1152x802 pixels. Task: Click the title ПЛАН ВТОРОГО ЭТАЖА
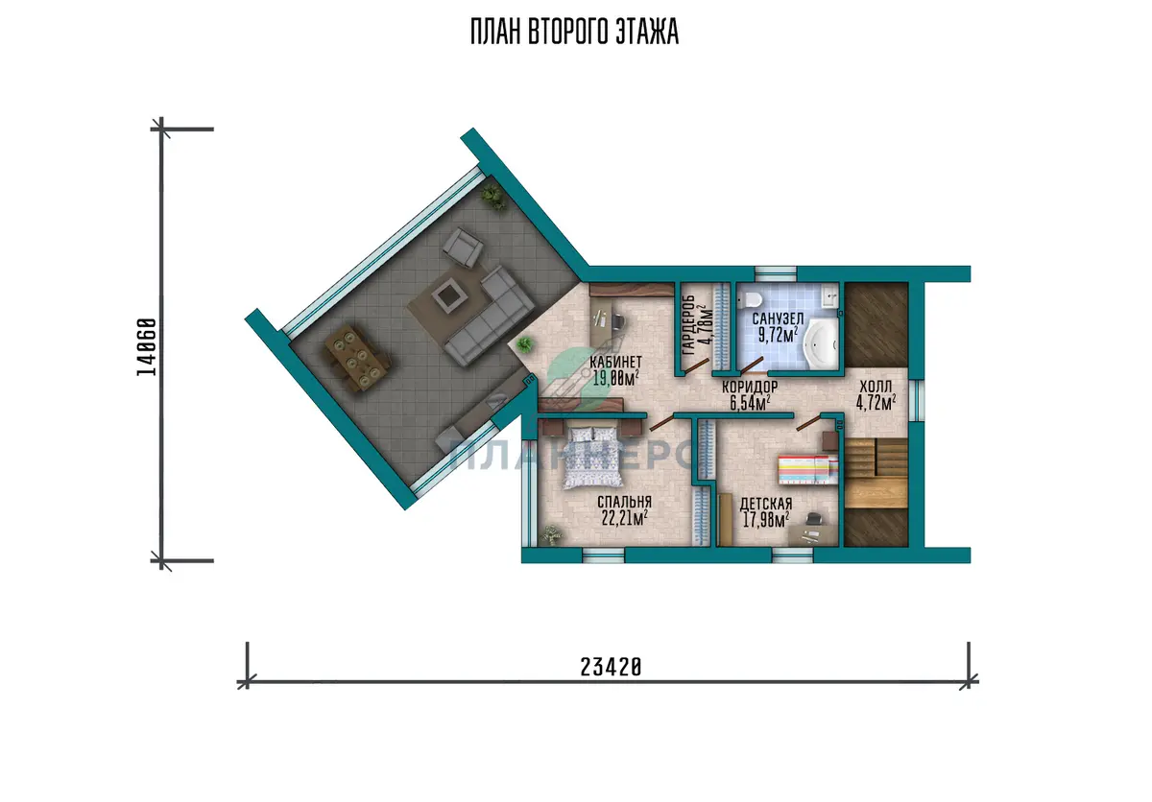(x=574, y=32)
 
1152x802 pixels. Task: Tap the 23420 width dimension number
(x=611, y=668)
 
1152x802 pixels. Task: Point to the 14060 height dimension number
(x=147, y=347)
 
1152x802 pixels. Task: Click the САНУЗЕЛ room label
(x=778, y=318)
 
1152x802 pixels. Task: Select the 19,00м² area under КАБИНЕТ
(x=615, y=378)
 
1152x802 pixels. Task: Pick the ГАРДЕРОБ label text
(x=689, y=325)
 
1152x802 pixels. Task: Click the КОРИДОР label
(x=750, y=387)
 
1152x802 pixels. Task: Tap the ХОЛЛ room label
(x=876, y=387)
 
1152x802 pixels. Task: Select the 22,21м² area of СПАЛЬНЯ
(x=624, y=518)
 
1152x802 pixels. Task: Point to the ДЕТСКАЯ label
(x=766, y=504)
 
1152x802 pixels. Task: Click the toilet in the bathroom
(x=753, y=298)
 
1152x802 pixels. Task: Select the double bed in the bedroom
(x=593, y=458)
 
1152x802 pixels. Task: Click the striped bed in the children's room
(x=808, y=469)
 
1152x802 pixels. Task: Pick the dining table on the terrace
(x=357, y=358)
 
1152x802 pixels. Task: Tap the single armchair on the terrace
(x=463, y=248)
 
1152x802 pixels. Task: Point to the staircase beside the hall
(x=876, y=473)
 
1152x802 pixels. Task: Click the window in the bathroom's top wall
(x=776, y=273)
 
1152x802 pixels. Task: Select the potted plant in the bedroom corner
(x=551, y=535)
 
